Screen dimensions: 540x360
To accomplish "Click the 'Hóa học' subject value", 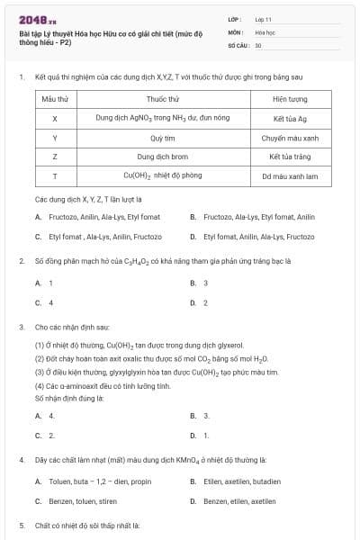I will (264, 31).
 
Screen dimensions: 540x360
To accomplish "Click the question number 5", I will (22, 524).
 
